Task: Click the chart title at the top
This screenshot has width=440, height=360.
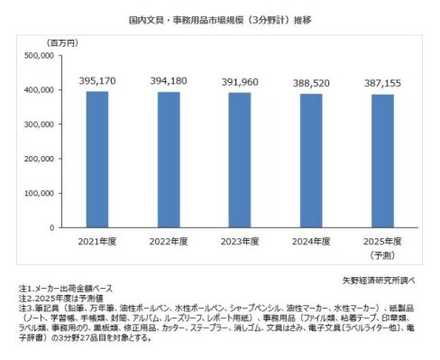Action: coord(220,17)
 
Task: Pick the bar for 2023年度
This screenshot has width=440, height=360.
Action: coord(238,159)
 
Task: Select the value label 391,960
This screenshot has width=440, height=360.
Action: coord(238,82)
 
